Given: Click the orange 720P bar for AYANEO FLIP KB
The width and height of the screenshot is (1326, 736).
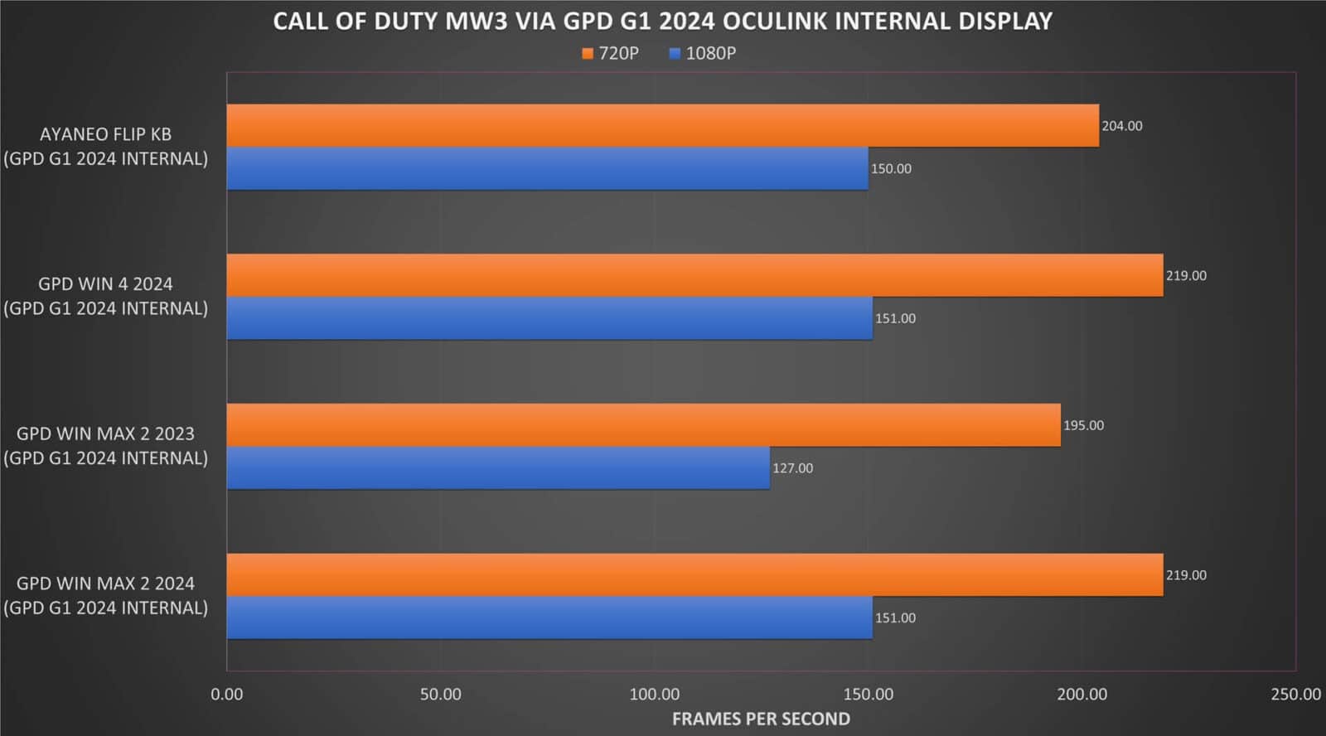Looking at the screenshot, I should coord(663,125).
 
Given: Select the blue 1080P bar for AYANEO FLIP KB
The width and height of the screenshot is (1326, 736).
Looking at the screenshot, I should coord(547,168).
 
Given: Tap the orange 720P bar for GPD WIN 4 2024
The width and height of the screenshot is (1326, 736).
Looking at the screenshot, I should coord(694,275).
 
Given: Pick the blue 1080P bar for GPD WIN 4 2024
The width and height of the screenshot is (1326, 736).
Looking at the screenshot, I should coord(549,318).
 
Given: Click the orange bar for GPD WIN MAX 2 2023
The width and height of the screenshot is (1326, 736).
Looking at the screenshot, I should coord(643,425).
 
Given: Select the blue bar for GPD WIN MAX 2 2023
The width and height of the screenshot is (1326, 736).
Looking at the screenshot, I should coord(498,468).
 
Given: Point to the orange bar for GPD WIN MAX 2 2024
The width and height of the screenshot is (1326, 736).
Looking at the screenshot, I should coord(694,574).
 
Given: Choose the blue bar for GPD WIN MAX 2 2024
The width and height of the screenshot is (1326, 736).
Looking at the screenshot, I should coord(549,617).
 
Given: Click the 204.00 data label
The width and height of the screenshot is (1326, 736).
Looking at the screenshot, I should coord(1121,126).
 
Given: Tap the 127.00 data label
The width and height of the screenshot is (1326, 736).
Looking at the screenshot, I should coord(792,468).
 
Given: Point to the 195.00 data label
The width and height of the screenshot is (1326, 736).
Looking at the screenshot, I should coord(1083,425).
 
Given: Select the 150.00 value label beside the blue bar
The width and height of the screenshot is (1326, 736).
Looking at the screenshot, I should coord(891,169).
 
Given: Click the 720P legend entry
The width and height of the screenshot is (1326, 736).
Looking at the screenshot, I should coord(611,53).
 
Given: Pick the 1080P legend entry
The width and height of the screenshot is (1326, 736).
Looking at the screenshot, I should coord(702,53).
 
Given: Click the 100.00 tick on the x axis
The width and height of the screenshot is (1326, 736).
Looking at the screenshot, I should coord(654,695).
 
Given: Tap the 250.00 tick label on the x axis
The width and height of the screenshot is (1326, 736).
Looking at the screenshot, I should coord(1295,695).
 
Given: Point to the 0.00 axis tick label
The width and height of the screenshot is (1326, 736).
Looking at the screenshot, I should coord(227,695).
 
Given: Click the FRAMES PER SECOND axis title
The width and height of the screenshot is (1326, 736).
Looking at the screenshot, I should coord(761,719).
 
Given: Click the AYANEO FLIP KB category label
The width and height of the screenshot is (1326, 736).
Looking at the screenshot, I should coord(106,134).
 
